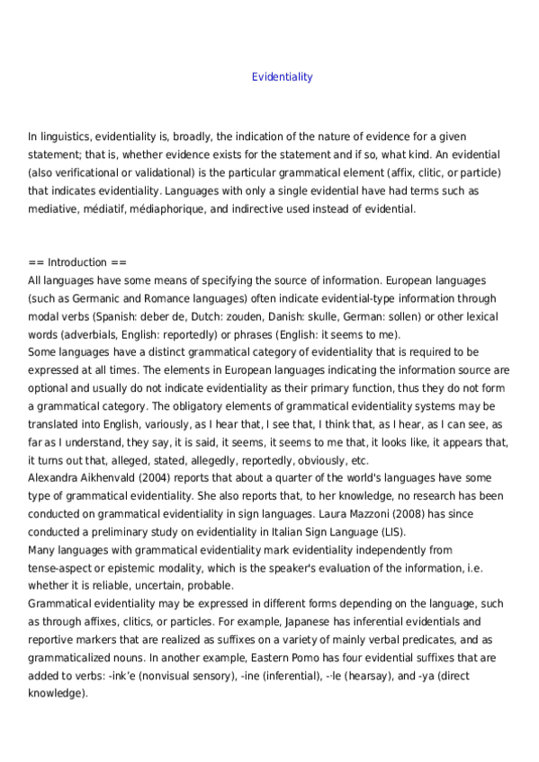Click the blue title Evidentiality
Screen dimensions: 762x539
point(283,77)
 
